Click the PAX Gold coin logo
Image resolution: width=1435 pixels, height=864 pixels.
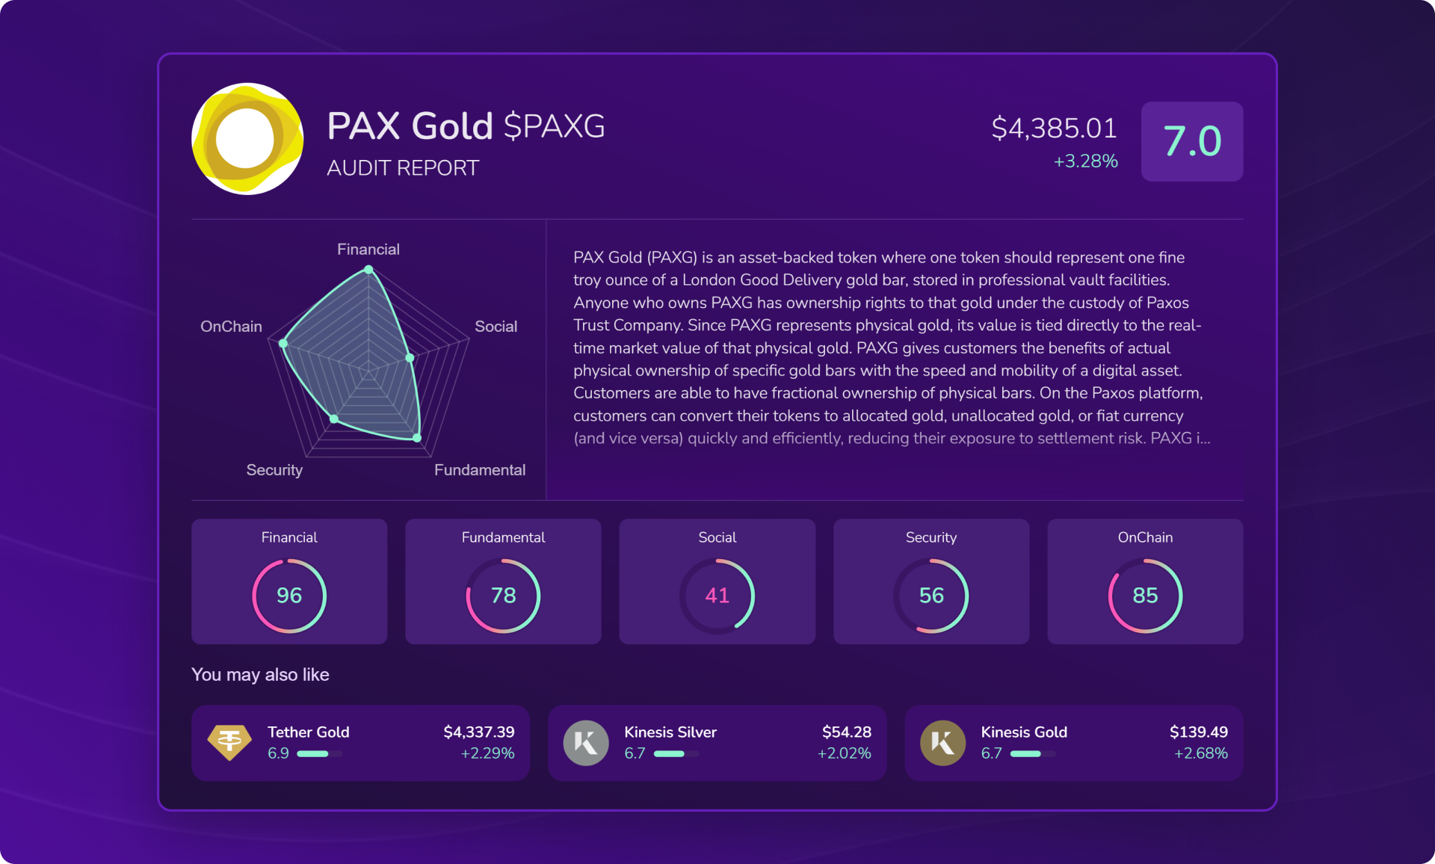(x=247, y=139)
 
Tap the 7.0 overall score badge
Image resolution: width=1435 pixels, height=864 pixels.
(x=1191, y=141)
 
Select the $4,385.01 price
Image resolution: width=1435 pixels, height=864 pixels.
(x=1054, y=128)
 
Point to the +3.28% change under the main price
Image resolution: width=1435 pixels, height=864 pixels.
(x=1085, y=161)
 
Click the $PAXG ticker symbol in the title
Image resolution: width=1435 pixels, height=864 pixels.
(x=554, y=126)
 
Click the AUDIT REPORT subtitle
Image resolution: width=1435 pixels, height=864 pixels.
(x=403, y=168)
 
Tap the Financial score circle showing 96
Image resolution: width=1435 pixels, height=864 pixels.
(x=289, y=596)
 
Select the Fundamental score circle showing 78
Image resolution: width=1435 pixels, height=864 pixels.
(x=503, y=596)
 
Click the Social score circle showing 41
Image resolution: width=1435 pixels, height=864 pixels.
(x=717, y=596)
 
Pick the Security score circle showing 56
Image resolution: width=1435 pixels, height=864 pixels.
(x=931, y=596)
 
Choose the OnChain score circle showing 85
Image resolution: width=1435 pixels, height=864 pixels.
(x=1145, y=596)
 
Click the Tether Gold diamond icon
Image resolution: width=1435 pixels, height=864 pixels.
(x=229, y=742)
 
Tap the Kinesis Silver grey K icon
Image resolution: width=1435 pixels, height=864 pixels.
(x=586, y=743)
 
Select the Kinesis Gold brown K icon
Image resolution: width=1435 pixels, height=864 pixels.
(x=942, y=743)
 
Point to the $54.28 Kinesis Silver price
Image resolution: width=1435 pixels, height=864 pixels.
(x=846, y=732)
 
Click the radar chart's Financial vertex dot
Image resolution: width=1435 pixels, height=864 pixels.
(x=368, y=270)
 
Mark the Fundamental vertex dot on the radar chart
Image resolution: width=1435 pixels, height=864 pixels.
(x=417, y=438)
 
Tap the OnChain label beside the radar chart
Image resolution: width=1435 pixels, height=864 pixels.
(x=231, y=327)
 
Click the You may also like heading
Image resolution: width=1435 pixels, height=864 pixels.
(x=260, y=675)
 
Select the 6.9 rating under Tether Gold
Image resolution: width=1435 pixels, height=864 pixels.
(x=278, y=753)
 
